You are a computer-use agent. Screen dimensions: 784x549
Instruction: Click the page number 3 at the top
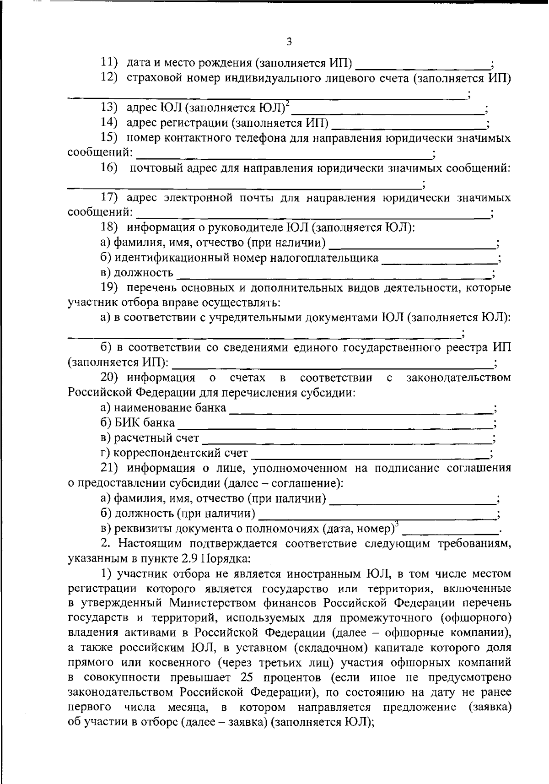(289, 42)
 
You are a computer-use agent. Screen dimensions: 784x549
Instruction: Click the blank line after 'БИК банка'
(334, 424)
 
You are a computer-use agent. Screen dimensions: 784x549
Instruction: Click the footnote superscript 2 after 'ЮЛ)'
(287, 105)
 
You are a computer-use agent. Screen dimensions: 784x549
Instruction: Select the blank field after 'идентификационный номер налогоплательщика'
(439, 260)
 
